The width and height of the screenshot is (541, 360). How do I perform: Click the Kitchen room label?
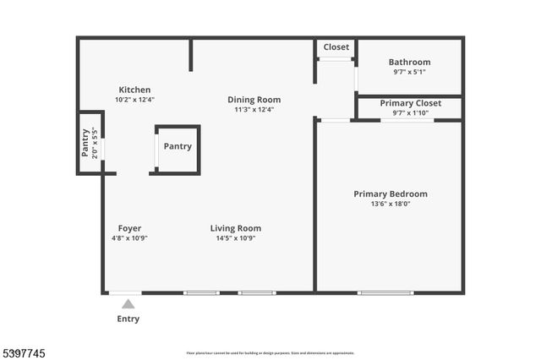point(134,90)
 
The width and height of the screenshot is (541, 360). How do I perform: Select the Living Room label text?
point(235,228)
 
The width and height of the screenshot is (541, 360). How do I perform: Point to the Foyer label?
point(129,228)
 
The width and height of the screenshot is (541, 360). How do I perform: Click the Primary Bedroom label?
point(390,194)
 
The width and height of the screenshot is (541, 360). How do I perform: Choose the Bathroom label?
point(409,62)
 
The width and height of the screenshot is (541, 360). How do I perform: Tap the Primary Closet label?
point(409,103)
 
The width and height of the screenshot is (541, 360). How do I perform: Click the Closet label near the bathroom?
point(336,47)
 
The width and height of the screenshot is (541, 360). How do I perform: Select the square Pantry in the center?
point(178,147)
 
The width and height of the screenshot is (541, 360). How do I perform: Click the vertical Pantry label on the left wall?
point(85,144)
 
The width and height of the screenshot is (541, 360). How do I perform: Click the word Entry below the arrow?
point(128,319)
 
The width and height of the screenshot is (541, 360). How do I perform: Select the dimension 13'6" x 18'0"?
point(390,204)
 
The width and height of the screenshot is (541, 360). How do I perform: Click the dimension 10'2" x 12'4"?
point(134,100)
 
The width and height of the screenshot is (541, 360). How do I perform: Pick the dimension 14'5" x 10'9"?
point(235,238)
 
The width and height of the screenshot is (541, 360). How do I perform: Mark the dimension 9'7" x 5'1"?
point(409,72)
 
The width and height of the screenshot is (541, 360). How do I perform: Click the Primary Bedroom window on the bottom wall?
point(385,293)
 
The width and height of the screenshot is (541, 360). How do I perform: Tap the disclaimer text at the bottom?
point(270,353)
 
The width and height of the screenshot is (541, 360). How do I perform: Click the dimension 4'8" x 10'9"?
point(129,238)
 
